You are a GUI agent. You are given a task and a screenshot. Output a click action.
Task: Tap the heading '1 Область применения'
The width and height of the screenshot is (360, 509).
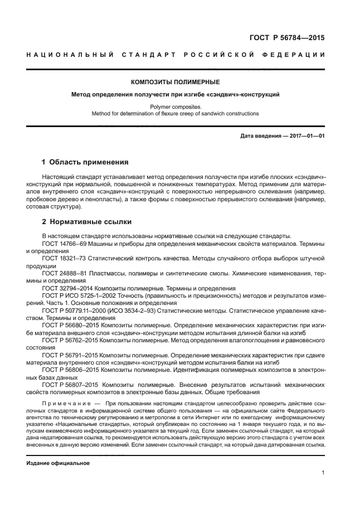click(x=85, y=162)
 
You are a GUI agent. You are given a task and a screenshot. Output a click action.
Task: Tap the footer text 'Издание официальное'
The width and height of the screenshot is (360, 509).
click(x=58, y=463)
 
